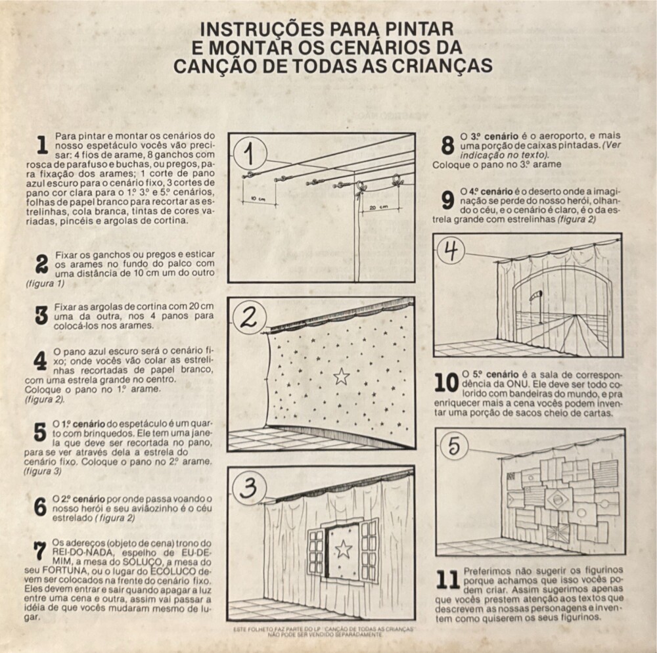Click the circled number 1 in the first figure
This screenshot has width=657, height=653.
[250, 153]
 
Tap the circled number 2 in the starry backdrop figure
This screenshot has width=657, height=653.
[249, 319]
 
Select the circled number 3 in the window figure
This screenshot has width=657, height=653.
[250, 488]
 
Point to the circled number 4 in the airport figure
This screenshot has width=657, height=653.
[451, 251]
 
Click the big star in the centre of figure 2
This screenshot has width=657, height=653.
[342, 376]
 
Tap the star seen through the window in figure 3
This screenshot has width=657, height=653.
[344, 549]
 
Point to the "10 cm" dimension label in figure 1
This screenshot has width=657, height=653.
[258, 198]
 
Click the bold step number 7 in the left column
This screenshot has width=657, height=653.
[40, 551]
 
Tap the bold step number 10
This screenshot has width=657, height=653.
[446, 383]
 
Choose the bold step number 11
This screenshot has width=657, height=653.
[448, 579]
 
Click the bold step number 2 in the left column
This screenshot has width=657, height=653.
[41, 264]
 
